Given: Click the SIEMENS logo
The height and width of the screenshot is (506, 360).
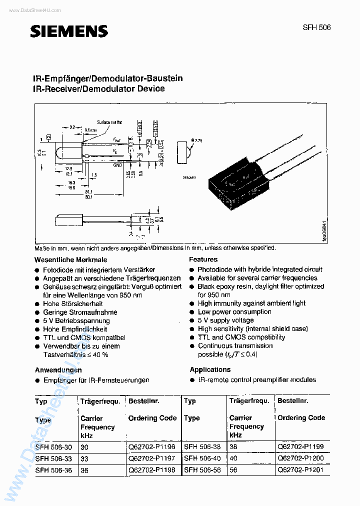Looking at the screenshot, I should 69,31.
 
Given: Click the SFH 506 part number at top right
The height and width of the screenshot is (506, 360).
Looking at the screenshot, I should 317,27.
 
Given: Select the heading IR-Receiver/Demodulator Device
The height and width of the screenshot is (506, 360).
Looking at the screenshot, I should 98,89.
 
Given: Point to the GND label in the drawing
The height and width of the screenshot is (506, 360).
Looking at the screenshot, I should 117,164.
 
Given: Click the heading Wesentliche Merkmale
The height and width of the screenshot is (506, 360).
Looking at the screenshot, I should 70,260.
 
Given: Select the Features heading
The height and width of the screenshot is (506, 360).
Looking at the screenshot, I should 203,259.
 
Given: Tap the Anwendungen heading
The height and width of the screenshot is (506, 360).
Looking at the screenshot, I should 58,370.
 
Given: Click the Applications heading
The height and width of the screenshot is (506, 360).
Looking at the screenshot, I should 210,370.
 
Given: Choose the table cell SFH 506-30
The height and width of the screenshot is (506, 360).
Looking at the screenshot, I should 53,447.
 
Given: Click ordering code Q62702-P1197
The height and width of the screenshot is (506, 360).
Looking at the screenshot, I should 151,458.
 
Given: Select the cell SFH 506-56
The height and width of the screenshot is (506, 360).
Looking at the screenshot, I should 202,470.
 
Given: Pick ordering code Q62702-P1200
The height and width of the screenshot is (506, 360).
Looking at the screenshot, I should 300,458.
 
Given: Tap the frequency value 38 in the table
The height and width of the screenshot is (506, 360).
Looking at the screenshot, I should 233,446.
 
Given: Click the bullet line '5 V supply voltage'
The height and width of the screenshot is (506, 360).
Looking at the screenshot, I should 225,320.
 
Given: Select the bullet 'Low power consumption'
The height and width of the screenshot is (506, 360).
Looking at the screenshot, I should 234,312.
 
